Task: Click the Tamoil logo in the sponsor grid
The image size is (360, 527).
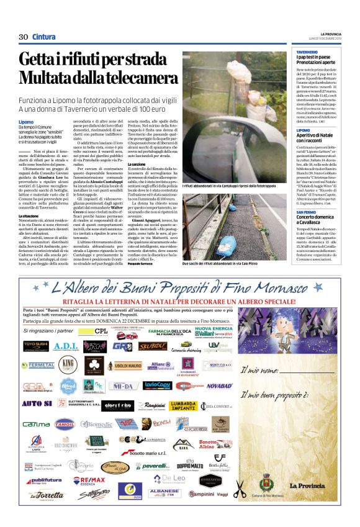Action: [x=64, y=423]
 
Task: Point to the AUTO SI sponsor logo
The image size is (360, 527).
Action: [x=35, y=403]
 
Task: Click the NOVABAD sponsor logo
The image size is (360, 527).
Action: [x=220, y=385]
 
